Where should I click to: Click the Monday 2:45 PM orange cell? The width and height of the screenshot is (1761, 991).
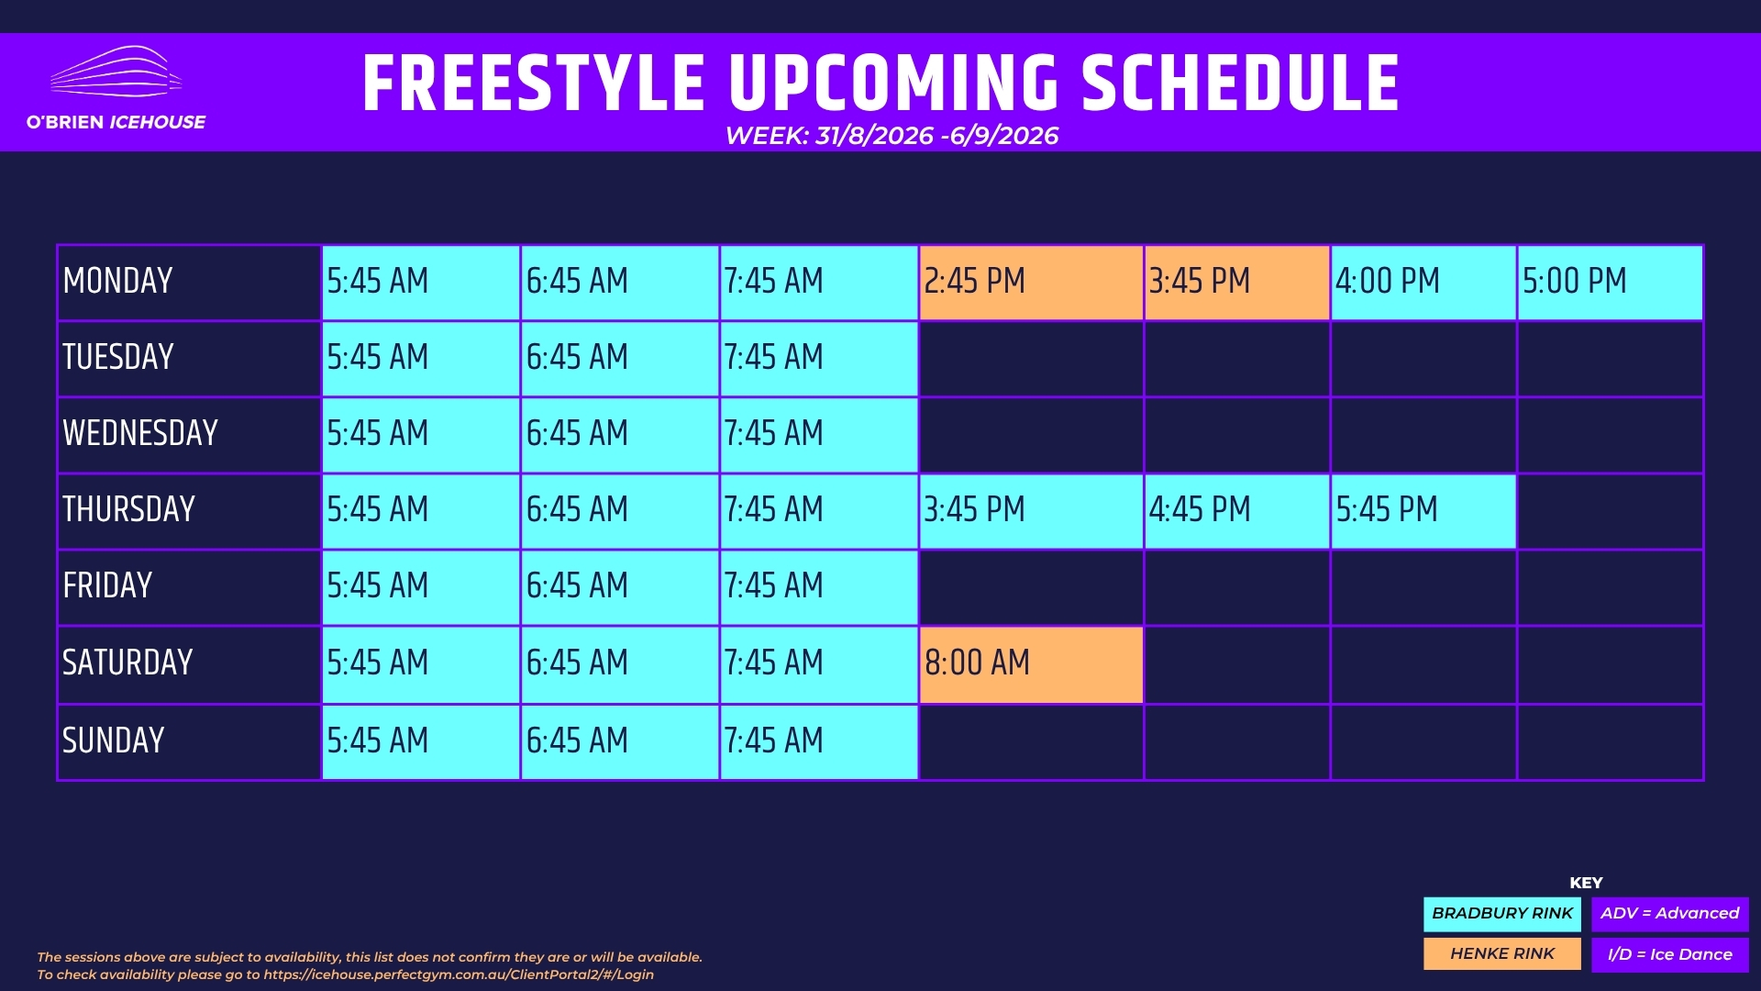[x=1031, y=283]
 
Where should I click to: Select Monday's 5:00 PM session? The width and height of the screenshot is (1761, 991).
[x=1610, y=283]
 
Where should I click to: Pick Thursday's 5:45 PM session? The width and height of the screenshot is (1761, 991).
[x=1423, y=511]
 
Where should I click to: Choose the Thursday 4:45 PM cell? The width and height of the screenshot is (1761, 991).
[x=1236, y=511]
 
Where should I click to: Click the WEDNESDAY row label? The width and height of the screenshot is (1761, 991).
[x=140, y=433]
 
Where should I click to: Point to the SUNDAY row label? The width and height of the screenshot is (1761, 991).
[x=114, y=740]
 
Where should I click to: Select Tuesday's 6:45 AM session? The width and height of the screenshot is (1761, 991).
[x=619, y=359]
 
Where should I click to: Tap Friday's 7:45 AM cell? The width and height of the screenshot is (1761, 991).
[x=818, y=587]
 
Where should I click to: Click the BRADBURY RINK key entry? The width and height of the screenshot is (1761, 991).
[x=1502, y=914]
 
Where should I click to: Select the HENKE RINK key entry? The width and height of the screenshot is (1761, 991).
[x=1502, y=954]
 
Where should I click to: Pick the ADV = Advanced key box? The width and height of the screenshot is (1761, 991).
[x=1670, y=914]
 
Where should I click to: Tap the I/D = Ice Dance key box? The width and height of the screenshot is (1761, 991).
[x=1670, y=954]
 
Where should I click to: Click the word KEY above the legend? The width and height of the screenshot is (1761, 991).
[x=1586, y=883]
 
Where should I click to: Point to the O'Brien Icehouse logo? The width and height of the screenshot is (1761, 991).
[x=116, y=88]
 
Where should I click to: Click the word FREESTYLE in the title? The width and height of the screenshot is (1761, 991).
[x=534, y=83]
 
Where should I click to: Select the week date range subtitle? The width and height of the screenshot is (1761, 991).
[x=892, y=136]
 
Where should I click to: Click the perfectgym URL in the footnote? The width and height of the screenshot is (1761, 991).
[x=459, y=974]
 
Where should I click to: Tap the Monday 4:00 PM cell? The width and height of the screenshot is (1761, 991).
[x=1423, y=283]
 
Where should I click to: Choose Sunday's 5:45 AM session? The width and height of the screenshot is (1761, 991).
[x=420, y=742]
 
